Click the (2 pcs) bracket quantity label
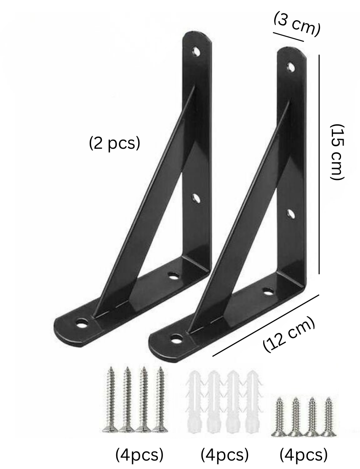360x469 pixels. tap(114, 143)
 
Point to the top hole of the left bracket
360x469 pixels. tap(196, 51)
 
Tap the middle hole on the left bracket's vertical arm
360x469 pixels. tap(196, 198)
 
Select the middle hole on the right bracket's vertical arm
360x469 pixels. tap(291, 214)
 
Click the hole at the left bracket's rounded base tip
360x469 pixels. tap(82, 324)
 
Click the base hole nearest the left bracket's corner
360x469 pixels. tap(173, 276)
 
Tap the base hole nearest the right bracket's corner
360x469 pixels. tap(267, 290)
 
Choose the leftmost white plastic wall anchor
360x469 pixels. tap(196, 402)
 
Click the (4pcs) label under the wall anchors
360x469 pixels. tap(224, 455)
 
